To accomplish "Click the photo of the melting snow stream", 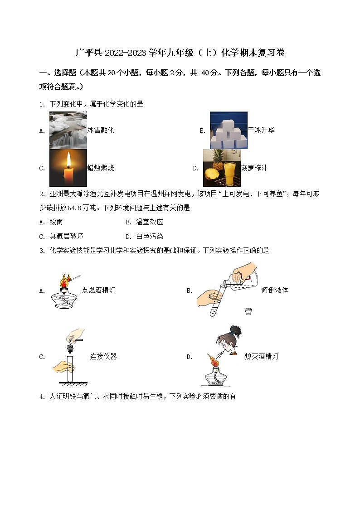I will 68,130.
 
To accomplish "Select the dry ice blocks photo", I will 229,130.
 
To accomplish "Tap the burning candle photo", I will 68,168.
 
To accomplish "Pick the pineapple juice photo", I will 221,168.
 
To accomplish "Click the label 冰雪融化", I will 101,131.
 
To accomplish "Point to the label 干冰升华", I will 261,131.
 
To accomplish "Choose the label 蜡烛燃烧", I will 101,168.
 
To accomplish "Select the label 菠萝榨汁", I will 254,168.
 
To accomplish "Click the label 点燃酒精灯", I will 98,291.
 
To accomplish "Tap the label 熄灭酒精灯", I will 262,357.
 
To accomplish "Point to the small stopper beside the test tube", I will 248,311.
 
